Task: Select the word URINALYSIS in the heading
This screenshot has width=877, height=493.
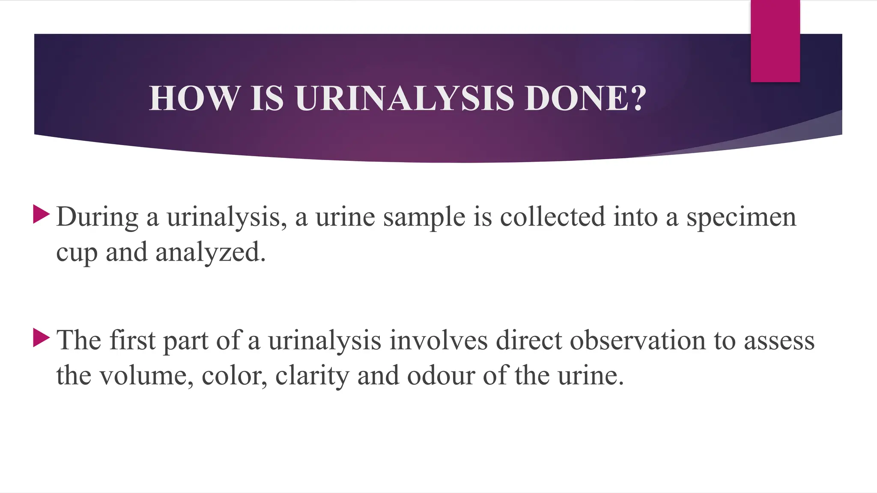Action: pyautogui.click(x=404, y=98)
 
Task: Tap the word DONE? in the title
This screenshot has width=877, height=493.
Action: pyautogui.click(x=585, y=98)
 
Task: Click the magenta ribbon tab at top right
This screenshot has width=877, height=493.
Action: pyautogui.click(x=775, y=41)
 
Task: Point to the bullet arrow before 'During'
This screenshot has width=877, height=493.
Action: pyautogui.click(x=41, y=214)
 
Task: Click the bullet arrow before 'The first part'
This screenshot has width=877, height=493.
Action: pyautogui.click(x=41, y=338)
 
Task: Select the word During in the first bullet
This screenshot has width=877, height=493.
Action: pyautogui.click(x=97, y=217)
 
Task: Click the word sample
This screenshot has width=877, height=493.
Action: pyautogui.click(x=424, y=217)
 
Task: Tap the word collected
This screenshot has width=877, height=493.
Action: pyautogui.click(x=552, y=217)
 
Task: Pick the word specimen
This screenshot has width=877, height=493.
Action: pyautogui.click(x=741, y=217)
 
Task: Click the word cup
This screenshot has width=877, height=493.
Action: pyautogui.click(x=77, y=252)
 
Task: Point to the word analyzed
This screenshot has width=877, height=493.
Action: pyautogui.click(x=210, y=252)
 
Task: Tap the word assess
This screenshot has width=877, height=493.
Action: pyautogui.click(x=779, y=341)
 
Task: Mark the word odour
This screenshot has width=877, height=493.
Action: pyautogui.click(x=441, y=376)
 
